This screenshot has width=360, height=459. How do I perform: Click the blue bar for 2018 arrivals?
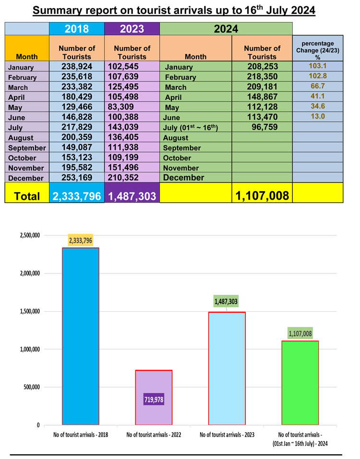[x=81, y=336]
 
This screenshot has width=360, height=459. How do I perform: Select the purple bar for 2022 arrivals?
[x=154, y=384]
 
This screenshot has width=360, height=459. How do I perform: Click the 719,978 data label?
[x=154, y=399]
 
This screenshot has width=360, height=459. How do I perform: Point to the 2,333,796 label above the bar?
[x=81, y=240]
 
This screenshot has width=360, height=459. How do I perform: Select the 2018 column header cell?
[x=77, y=28]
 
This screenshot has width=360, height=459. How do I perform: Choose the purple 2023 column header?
[x=132, y=28]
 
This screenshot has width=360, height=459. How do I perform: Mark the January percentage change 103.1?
[x=318, y=66]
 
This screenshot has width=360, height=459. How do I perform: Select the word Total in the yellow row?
[x=27, y=196]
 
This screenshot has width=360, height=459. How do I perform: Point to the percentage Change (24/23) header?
[x=318, y=50]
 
